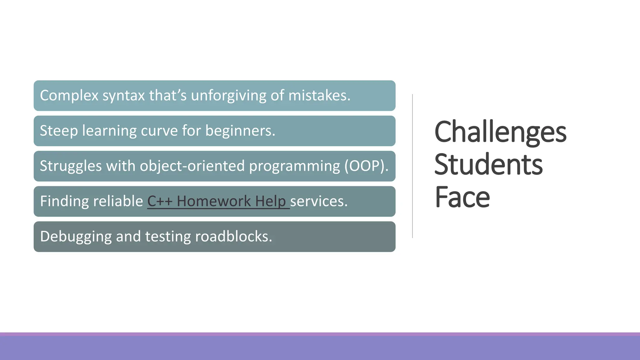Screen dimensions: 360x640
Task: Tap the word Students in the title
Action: pyautogui.click(x=488, y=165)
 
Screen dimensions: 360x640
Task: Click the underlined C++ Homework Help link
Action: pyautogui.click(x=218, y=201)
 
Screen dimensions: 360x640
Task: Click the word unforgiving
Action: pyautogui.click(x=228, y=96)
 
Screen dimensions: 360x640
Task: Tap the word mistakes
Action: pyautogui.click(x=319, y=96)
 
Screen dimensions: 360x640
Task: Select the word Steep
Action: pyautogui.click(x=59, y=131)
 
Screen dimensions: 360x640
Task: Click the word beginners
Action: pyautogui.click(x=240, y=131)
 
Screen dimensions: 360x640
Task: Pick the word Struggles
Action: pyautogui.click(x=71, y=166)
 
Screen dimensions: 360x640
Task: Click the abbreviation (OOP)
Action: pyautogui.click(x=366, y=166)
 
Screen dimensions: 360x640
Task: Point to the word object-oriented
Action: pyautogui.click(x=192, y=166)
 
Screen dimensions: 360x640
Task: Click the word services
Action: pyautogui.click(x=318, y=201)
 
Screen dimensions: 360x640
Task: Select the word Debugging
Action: pyautogui.click(x=76, y=237)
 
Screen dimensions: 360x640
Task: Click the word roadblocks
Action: pyautogui.click(x=233, y=237)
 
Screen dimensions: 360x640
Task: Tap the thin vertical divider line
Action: pyautogui.click(x=412, y=166)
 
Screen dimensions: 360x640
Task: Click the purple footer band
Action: pyautogui.click(x=320, y=347)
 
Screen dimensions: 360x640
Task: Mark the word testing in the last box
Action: pyautogui.click(x=168, y=237)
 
